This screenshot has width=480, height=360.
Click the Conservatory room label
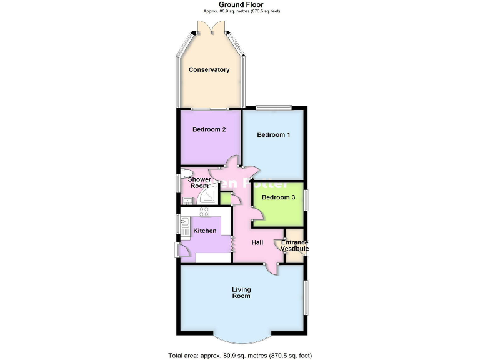[209, 70]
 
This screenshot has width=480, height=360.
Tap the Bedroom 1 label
[273, 134]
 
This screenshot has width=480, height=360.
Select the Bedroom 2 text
[209, 129]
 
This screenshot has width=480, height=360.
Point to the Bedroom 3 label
[278, 197]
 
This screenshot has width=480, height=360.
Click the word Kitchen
[205, 231]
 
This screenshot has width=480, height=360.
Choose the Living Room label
[241, 292]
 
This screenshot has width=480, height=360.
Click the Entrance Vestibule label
[294, 246]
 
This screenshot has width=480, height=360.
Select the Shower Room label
[200, 182]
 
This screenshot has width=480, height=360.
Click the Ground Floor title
[240, 4]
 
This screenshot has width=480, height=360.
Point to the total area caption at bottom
[240, 355]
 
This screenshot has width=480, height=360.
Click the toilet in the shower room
[186, 173]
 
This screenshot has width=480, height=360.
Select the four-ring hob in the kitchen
[204, 211]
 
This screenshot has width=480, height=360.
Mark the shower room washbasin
[186, 201]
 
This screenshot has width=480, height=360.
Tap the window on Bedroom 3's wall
[305, 203]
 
